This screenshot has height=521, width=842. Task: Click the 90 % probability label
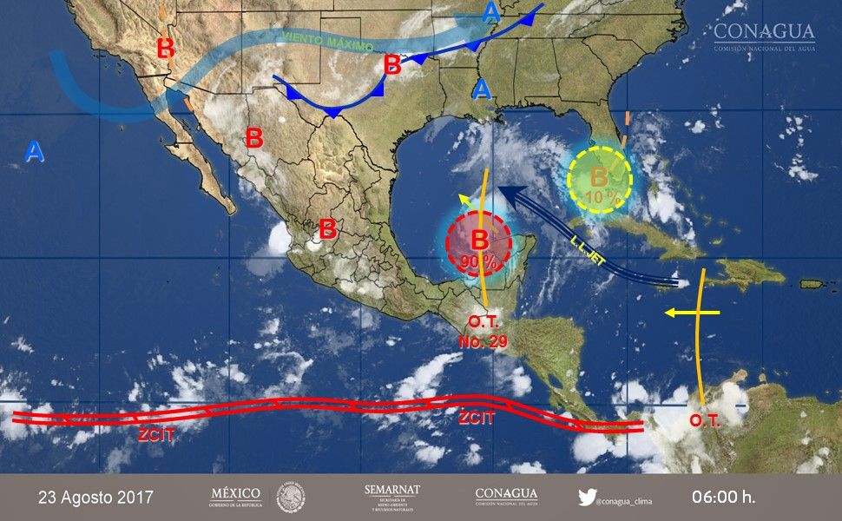coord(478,261)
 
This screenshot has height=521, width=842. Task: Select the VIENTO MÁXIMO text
coord(327,41)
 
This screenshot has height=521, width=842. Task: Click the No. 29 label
coord(482,340)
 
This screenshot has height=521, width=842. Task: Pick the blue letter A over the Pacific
coord(34,152)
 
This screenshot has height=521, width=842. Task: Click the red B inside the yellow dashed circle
coord(599,176)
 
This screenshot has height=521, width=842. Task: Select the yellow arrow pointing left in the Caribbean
coord(690,312)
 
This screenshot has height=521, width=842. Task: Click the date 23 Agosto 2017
coord(96,498)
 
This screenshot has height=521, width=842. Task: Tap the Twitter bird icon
coord(586,498)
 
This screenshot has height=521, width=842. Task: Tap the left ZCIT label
coord(157,434)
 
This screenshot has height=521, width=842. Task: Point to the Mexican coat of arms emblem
coord(291,497)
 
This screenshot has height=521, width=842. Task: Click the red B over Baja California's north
coord(165,48)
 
